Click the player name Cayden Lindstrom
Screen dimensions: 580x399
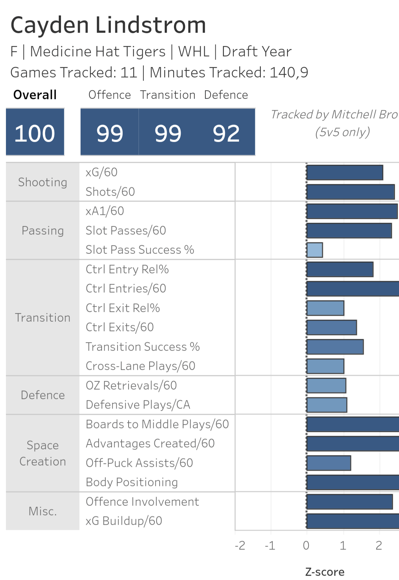click(108, 25)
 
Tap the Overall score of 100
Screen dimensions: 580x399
click(35, 133)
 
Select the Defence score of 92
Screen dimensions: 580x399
click(226, 133)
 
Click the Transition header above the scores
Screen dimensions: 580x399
click(167, 95)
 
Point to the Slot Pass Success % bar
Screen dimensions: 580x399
click(315, 250)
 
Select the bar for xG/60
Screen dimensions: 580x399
click(345, 173)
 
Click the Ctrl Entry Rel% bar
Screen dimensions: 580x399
click(340, 269)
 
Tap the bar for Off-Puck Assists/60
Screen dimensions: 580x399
click(329, 463)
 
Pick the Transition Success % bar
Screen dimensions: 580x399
click(335, 347)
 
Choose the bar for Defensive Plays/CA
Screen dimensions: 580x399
click(327, 405)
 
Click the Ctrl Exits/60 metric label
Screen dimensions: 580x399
click(120, 327)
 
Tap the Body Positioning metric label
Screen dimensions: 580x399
click(132, 482)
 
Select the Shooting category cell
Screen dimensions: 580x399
click(42, 182)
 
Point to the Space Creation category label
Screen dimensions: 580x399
click(42, 453)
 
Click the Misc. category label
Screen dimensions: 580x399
click(42, 511)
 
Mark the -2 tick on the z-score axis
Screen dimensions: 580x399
click(240, 545)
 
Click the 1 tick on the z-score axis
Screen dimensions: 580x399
click(343, 545)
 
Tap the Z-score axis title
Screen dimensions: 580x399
click(325, 572)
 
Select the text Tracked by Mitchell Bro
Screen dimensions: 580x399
click(334, 115)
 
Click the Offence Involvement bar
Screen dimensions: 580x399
click(349, 502)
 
